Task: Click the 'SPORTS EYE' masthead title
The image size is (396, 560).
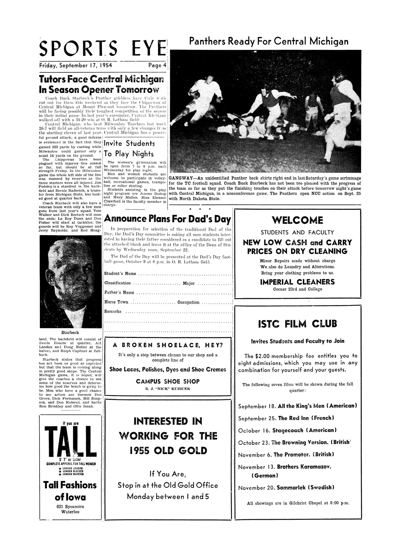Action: click(102, 49)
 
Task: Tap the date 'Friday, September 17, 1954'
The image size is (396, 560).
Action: click(76, 65)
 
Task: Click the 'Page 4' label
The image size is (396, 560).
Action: click(157, 65)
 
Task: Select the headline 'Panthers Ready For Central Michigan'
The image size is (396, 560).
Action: click(269, 42)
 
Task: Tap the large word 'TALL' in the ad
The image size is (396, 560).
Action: click(71, 440)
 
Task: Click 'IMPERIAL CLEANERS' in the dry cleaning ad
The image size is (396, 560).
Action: click(297, 282)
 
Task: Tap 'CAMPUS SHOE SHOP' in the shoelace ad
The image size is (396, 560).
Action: click(168, 381)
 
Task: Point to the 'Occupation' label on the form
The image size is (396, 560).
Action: click(188, 302)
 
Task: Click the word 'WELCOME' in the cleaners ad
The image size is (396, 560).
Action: click(297, 220)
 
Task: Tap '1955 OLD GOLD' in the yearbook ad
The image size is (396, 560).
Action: click(168, 450)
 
